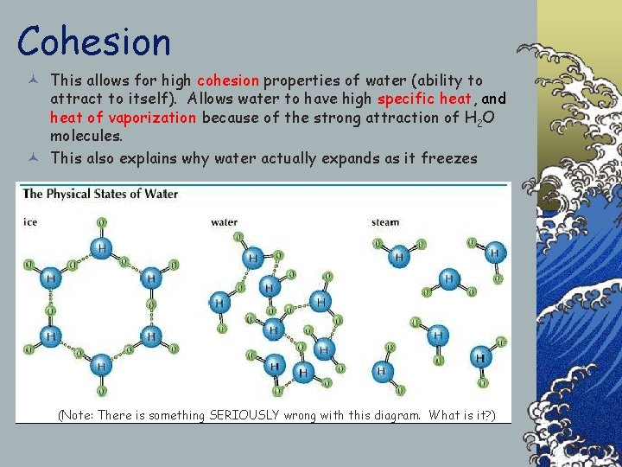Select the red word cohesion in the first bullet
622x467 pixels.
click(228, 80)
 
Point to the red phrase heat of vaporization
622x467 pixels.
click(123, 118)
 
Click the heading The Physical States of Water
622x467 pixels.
click(100, 194)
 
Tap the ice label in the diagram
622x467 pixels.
click(30, 222)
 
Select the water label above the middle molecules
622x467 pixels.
click(224, 222)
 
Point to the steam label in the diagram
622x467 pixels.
click(385, 222)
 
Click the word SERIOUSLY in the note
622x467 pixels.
click(244, 415)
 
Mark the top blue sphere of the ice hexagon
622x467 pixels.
click(101, 250)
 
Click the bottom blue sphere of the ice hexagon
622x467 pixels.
click(101, 367)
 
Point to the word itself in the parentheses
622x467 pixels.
click(143, 99)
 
